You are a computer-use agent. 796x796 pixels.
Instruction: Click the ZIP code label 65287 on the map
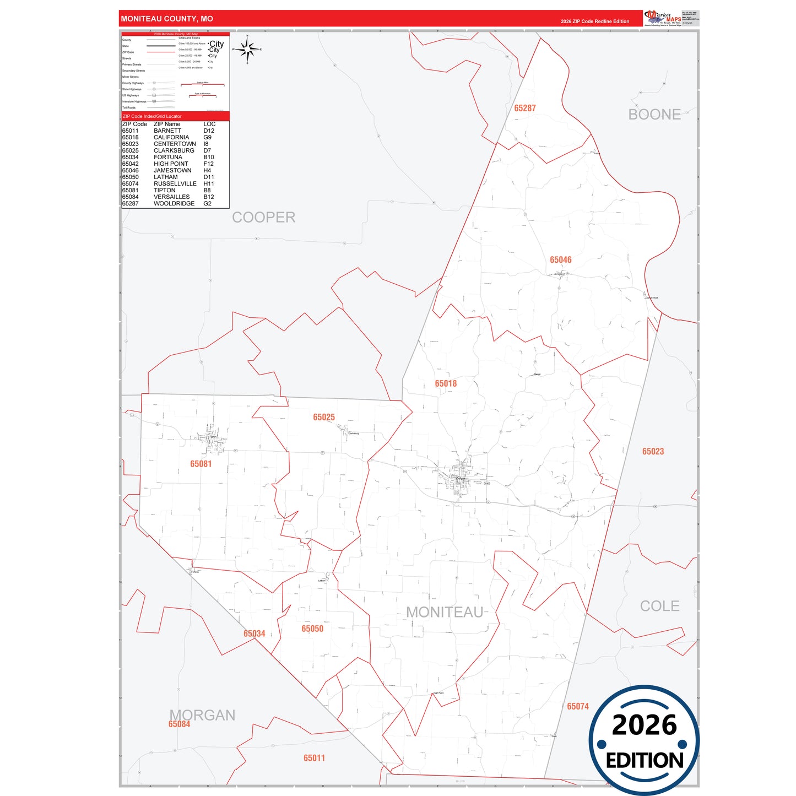coord(524,109)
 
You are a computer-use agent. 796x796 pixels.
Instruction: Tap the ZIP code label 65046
coord(560,260)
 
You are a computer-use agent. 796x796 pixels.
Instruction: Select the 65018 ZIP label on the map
coord(446,384)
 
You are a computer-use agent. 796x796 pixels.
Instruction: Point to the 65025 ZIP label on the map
coord(324,418)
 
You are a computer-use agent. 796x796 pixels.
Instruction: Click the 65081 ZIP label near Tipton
coord(201,464)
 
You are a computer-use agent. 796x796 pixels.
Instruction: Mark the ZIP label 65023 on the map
coord(653,452)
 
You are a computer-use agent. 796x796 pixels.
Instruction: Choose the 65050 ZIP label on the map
coord(312,629)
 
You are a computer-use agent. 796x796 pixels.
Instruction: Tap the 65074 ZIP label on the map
coord(578,707)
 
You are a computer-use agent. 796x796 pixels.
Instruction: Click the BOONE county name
coord(654,115)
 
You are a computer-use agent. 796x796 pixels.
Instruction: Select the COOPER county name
coord(263,218)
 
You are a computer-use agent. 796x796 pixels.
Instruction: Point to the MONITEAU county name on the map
coord(445,613)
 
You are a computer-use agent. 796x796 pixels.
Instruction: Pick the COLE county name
coord(659,607)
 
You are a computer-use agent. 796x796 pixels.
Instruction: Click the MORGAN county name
coord(202,715)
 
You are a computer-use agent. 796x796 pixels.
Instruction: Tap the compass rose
coord(247,50)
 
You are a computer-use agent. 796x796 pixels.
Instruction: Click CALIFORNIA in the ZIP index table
coord(171,138)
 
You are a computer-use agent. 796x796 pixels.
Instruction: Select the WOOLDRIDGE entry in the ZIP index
coord(174,204)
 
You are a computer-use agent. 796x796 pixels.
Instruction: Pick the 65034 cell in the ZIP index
coord(131,158)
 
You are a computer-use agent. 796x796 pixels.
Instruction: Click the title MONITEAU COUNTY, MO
coord(167,19)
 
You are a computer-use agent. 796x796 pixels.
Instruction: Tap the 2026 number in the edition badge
coord(644,725)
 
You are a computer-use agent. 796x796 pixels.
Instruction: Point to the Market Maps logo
coord(663,18)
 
